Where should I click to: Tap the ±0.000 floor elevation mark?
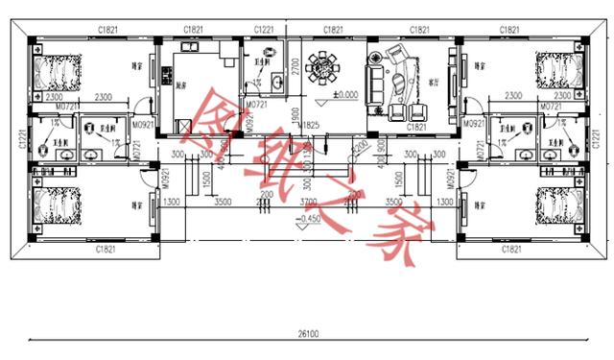point(346,94)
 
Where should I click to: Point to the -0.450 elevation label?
point(308,219)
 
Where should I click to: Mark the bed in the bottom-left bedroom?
point(48,209)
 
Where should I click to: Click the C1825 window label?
point(308,127)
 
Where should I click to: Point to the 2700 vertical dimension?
point(295,65)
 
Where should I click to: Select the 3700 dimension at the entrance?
point(308,203)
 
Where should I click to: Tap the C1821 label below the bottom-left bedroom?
point(106,249)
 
